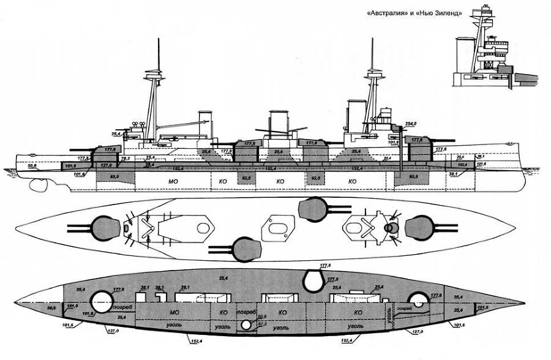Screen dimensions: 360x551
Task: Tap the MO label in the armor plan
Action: (174, 312)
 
